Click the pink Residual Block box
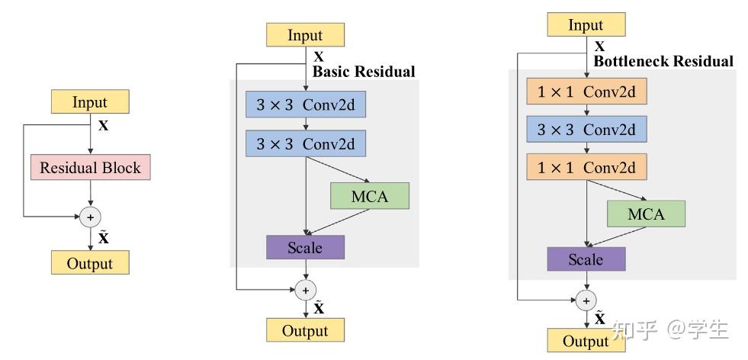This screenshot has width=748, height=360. pos(91,167)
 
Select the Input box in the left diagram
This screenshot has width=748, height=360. pos(90,101)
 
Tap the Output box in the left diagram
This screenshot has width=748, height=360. pos(90,263)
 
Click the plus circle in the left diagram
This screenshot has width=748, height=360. pos(91,216)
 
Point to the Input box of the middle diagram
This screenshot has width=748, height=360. pos(305,35)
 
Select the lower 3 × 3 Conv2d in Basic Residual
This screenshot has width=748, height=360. pos(305,143)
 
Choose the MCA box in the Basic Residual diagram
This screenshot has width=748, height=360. pos(370,196)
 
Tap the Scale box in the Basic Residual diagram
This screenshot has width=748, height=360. pos(305,247)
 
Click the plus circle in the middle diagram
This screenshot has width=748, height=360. pos(305,290)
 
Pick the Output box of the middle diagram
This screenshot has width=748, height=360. pos(305,330)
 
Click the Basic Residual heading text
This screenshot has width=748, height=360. pos(364,72)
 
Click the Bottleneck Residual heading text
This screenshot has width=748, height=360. pos(663,61)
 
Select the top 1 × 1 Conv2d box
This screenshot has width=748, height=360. pos(586,92)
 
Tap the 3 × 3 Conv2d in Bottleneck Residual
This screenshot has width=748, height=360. pos(586,130)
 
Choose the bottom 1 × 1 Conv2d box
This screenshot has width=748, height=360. pos(586,166)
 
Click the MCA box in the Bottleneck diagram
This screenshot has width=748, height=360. pos(646,214)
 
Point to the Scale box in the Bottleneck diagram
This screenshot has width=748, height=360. pos(586,259)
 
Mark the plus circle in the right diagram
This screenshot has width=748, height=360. pos(586,300)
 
